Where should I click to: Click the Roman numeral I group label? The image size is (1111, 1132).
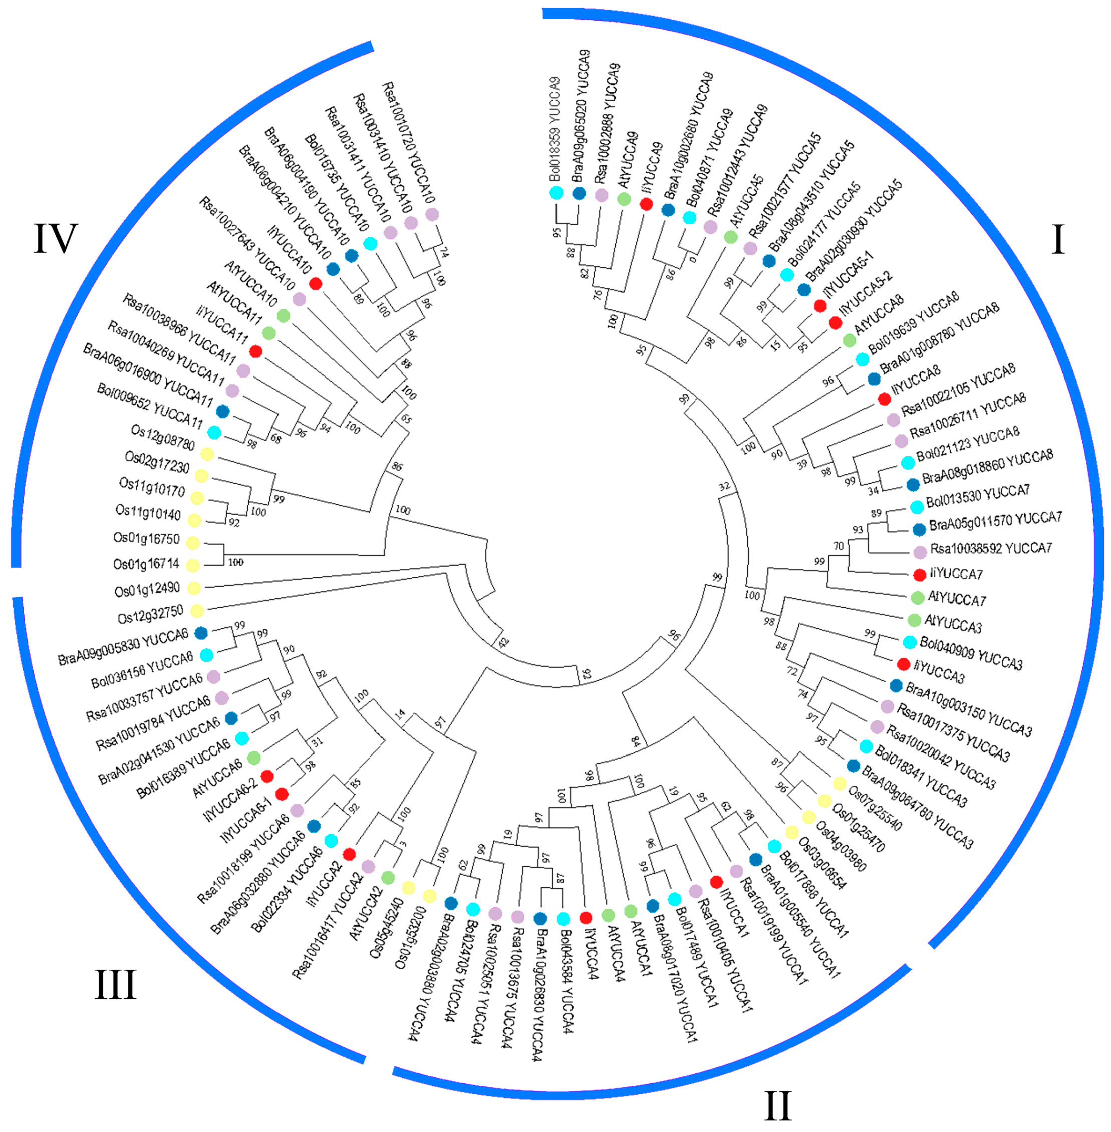[1057, 240]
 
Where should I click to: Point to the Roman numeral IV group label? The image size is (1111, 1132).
[56, 238]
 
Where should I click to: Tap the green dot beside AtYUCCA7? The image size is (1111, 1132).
[917, 597]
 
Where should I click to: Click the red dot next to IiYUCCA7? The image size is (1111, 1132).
[920, 574]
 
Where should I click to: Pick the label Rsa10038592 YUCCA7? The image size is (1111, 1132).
[991, 548]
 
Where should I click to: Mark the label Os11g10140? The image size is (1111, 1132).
[148, 513]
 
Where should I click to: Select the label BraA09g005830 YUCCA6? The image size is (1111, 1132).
[123, 647]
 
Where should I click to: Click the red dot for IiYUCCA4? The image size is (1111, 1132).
[586, 917]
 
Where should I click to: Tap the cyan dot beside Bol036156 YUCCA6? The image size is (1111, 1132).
[206, 655]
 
